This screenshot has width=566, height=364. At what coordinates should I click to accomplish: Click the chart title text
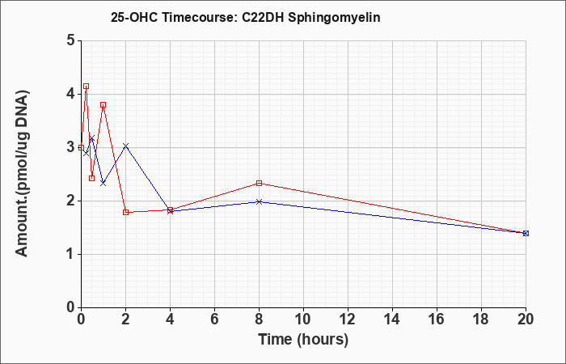[x=246, y=18]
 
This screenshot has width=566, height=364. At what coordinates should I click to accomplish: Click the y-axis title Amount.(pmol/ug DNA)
[x=22, y=174]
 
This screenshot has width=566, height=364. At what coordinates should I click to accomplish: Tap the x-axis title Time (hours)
[x=303, y=340]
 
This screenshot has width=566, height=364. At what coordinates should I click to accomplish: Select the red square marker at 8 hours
[x=259, y=183]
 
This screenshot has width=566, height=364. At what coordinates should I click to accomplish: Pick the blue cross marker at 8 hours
[x=259, y=201]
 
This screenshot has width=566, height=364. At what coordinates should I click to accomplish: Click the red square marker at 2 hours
[x=125, y=212]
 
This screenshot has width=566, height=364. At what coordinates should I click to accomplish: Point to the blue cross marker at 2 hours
[x=125, y=146]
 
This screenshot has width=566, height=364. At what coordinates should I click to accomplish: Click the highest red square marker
[x=86, y=87]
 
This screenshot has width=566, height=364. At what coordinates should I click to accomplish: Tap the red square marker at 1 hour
[x=103, y=104]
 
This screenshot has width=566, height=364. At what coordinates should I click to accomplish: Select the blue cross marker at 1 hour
[x=103, y=183]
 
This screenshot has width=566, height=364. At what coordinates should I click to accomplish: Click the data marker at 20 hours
[x=526, y=233]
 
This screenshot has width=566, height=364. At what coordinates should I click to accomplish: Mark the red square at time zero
[x=81, y=147]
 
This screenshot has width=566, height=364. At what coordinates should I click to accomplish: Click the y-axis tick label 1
[x=71, y=254]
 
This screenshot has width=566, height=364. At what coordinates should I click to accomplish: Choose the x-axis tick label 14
[x=392, y=320]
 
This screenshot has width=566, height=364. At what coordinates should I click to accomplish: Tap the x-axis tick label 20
[x=526, y=320]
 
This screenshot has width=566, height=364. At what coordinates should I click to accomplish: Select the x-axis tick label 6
[x=214, y=320]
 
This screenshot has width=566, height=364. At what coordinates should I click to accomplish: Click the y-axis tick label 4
[x=71, y=94]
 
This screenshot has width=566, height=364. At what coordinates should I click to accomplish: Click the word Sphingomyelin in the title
[x=334, y=18]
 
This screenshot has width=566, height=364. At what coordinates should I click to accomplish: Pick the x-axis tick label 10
[x=303, y=320]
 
